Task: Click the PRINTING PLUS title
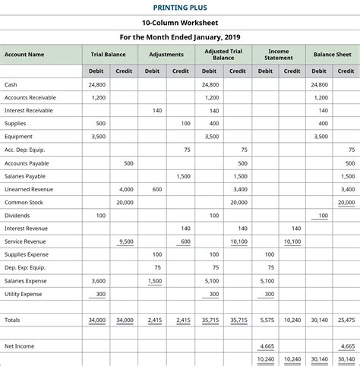tap(180, 8)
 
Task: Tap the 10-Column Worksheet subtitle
tap(180, 23)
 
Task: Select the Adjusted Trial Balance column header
tap(223, 54)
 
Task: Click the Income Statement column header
tap(279, 54)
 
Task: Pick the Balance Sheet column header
tap(333, 54)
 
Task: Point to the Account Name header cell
tap(24, 54)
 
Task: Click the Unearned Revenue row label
tap(29, 189)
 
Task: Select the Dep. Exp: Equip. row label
tap(26, 267)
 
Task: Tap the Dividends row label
tap(18, 216)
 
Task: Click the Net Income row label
tap(20, 346)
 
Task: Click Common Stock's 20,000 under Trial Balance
tap(125, 203)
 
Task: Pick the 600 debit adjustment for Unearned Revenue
tap(156, 189)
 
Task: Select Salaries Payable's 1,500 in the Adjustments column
tap(183, 176)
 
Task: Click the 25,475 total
tap(346, 320)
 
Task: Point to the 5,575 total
tap(266, 320)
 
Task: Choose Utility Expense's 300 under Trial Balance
tap(100, 294)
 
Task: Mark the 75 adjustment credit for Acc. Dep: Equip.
tap(187, 150)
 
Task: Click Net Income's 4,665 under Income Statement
tap(266, 346)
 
